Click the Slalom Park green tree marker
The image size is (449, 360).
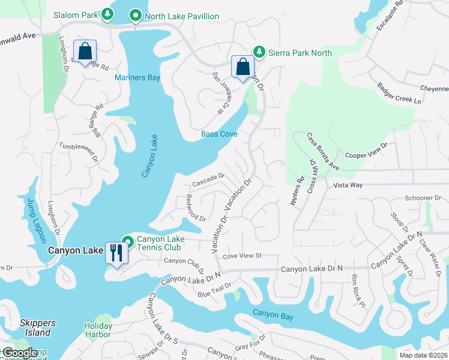[x=107, y=13]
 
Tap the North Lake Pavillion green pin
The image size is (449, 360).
[x=136, y=16]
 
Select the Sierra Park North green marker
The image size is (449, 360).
[x=259, y=52]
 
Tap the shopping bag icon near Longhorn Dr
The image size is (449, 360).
[x=85, y=51]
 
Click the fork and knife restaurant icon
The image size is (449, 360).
[x=115, y=252]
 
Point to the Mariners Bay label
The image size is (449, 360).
[x=137, y=78]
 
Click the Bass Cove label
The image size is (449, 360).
[x=219, y=134]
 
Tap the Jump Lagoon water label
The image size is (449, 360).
[x=35, y=220]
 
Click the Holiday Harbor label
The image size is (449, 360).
[x=98, y=330]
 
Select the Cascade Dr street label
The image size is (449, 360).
[x=208, y=179]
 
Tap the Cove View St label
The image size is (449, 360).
[x=243, y=256]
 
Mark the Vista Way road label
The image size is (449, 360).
[x=348, y=185]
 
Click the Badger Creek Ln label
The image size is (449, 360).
[x=396, y=96]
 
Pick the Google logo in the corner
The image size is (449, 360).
[x=19, y=353]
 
